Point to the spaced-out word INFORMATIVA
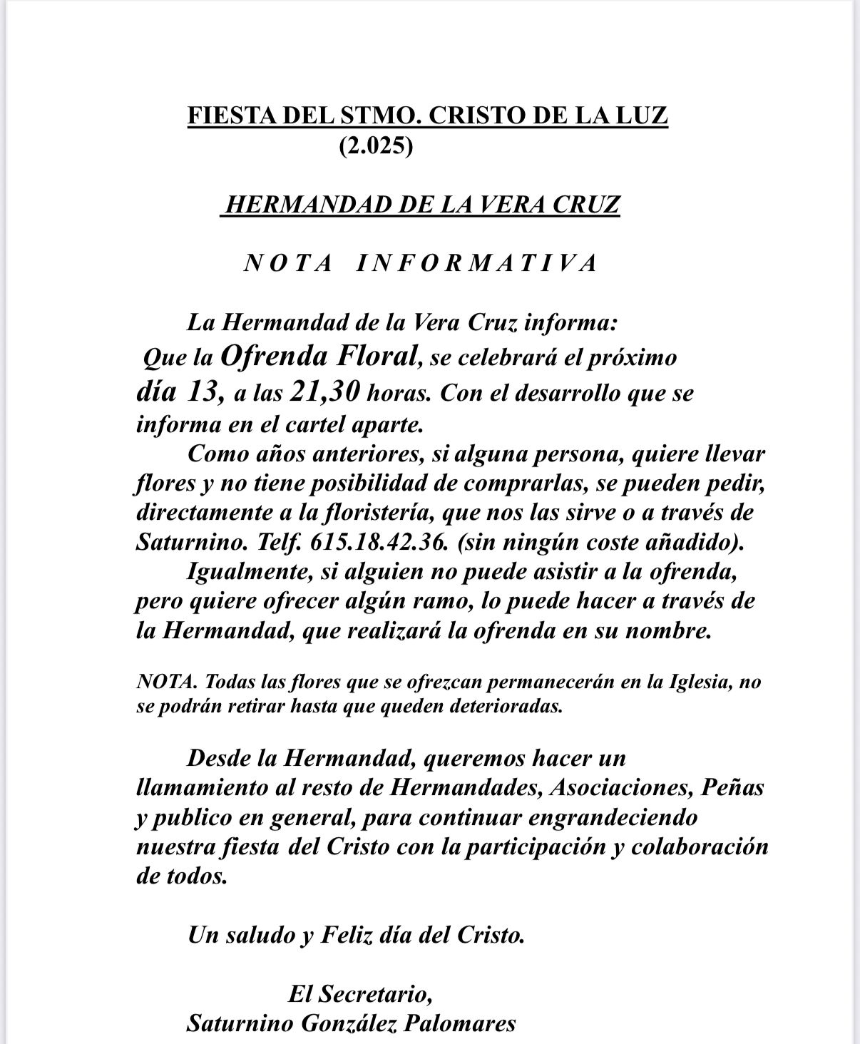tap(476, 263)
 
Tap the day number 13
tap(207, 391)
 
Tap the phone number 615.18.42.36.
tap(379, 543)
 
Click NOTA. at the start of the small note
tap(167, 682)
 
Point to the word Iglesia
tap(695, 682)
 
